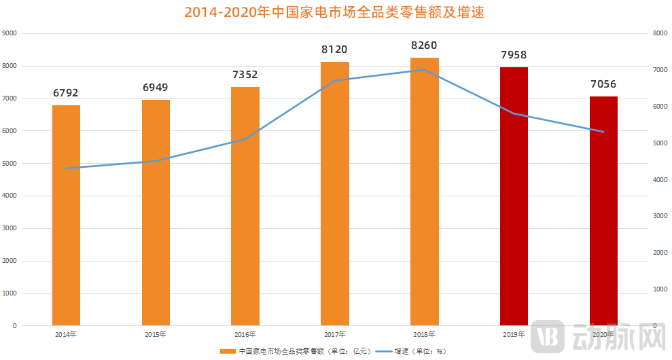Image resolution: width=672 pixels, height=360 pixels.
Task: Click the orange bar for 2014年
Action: pyautogui.click(x=66, y=215)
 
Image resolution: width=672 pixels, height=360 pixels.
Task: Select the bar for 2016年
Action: pyautogui.click(x=245, y=206)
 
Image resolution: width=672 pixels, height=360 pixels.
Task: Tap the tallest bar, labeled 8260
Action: pyautogui.click(x=425, y=192)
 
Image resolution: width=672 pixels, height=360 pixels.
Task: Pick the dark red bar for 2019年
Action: pyautogui.click(x=514, y=196)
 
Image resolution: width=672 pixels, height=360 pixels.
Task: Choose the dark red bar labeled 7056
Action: pyautogui.click(x=603, y=211)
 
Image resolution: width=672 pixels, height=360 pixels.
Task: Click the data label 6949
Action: pyautogui.click(x=156, y=88)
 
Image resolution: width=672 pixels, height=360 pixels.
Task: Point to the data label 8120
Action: pyautogui.click(x=334, y=50)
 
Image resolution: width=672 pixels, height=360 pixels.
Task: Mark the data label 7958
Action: pyautogui.click(x=514, y=55)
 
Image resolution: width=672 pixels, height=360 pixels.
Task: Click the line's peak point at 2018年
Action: pyautogui.click(x=425, y=69)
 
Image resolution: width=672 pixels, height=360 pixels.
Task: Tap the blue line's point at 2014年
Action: pyautogui.click(x=66, y=168)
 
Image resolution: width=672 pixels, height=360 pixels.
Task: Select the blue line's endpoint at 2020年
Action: pyautogui.click(x=603, y=132)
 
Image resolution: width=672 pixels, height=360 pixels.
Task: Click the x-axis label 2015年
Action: pyautogui.click(x=156, y=334)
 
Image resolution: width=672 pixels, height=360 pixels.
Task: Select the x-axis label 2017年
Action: pyautogui.click(x=334, y=334)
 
